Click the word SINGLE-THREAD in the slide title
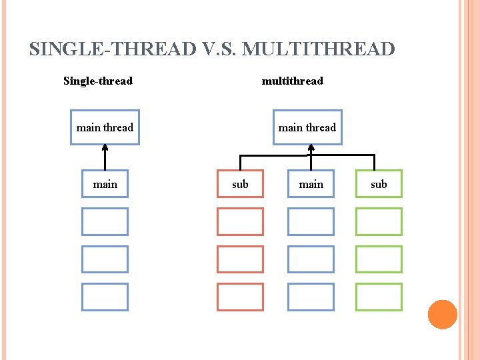click(x=113, y=49)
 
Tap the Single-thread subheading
click(x=98, y=81)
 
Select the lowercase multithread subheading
click(x=292, y=81)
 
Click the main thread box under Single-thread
click(x=105, y=127)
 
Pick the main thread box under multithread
click(x=307, y=127)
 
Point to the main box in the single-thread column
click(x=105, y=184)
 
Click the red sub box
click(x=240, y=184)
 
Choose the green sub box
click(x=379, y=184)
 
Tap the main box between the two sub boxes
click(x=311, y=184)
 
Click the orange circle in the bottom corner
click(x=442, y=315)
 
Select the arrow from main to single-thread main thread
click(x=105, y=157)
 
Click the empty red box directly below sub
click(x=240, y=221)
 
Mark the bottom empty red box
click(x=240, y=297)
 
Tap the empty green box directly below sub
click(x=379, y=221)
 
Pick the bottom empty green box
click(x=379, y=297)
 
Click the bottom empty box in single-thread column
click(x=105, y=297)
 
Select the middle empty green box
click(x=379, y=259)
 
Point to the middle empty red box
click(x=240, y=259)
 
